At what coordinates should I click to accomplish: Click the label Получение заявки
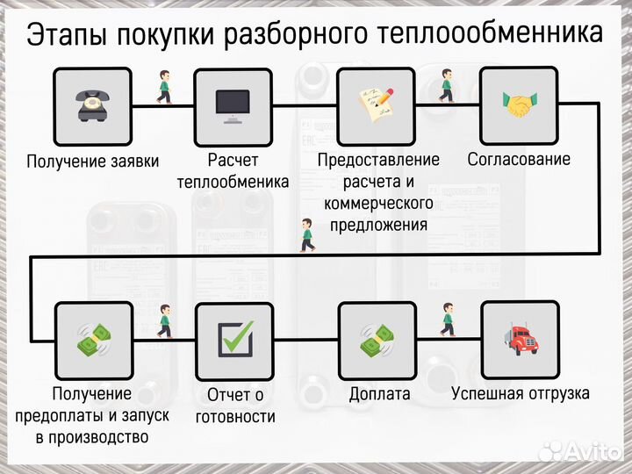92,161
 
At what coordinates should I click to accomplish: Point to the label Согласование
519,159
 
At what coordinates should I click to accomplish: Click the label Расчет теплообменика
233,171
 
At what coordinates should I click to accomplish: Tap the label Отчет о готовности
235,406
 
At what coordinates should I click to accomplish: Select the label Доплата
379,394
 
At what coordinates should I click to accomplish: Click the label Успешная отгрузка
521,393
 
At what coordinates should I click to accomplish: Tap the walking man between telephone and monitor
163,86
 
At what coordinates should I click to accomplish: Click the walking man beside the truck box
448,320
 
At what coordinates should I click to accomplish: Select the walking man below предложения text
306,235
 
